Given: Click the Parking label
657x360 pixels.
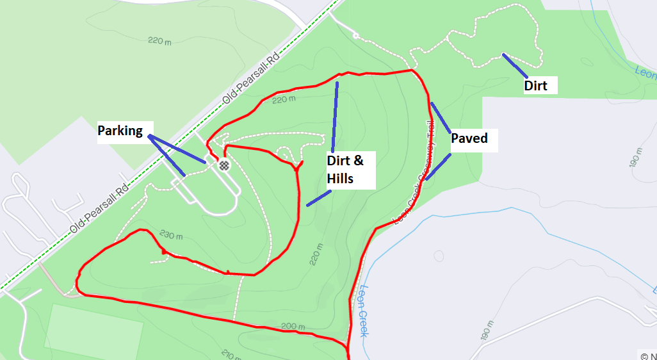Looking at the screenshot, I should coord(120,131).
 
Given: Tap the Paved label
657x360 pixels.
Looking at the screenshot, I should coord(469,138).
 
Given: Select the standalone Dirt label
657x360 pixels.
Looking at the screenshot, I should coord(535,86).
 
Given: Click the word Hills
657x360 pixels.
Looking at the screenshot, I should coord(340,179).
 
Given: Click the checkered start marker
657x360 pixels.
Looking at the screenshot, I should coord(224,165).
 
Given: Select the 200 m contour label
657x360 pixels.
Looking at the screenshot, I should coord(293,327).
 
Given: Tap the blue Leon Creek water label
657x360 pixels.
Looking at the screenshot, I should coord(363,310).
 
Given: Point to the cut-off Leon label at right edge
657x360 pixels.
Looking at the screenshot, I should coord(645,71).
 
